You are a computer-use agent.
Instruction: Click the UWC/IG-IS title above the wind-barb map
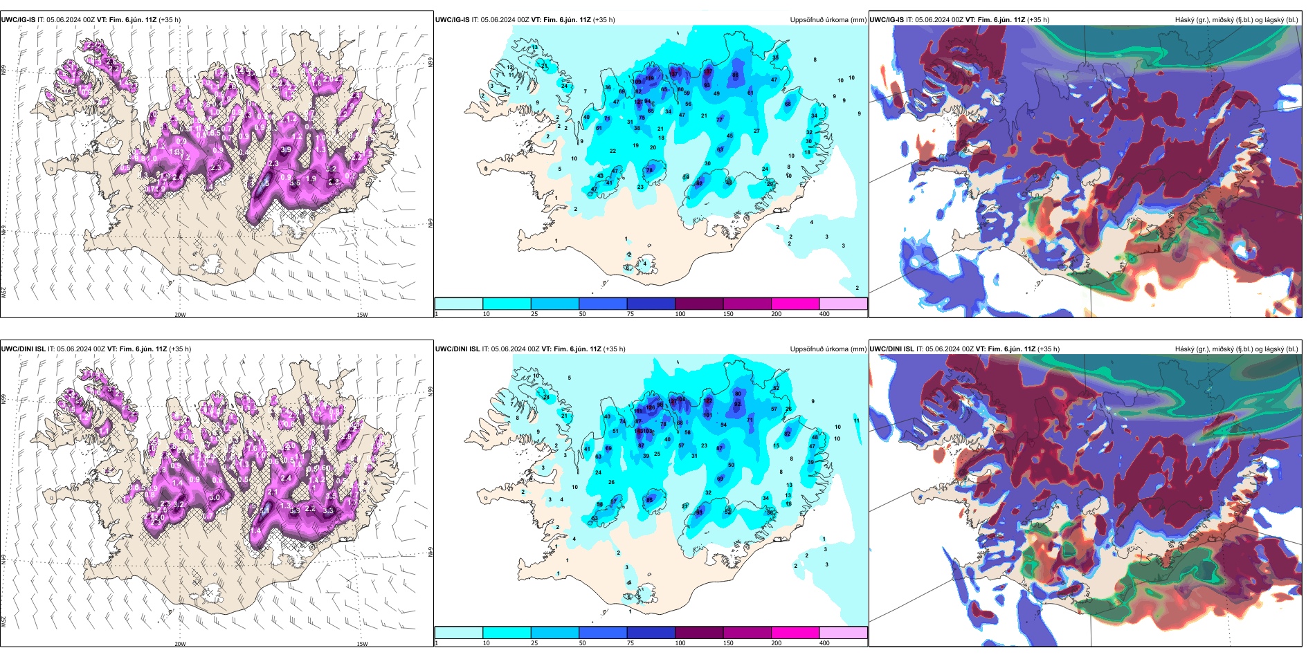click(18, 20)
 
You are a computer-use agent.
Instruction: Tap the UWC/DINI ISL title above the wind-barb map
click(23, 349)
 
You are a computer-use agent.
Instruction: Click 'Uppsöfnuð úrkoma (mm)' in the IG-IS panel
click(828, 20)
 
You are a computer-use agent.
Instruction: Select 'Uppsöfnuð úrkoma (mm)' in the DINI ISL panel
click(828, 349)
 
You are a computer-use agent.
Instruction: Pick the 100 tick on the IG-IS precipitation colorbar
click(680, 314)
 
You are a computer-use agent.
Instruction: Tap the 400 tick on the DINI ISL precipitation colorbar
click(824, 643)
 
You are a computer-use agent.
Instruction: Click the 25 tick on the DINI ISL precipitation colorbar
click(534, 643)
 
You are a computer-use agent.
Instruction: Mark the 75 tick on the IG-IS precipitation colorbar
click(631, 314)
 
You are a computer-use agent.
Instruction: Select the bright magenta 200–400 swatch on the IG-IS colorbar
click(795, 304)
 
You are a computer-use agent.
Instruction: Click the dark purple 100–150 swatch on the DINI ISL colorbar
click(699, 633)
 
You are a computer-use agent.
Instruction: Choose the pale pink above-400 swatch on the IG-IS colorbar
click(843, 304)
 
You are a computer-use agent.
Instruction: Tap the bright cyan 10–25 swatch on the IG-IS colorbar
click(507, 304)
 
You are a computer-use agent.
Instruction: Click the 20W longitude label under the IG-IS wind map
click(180, 315)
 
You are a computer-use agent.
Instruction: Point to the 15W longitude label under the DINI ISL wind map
click(362, 644)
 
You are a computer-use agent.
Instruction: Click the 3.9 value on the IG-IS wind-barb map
click(285, 149)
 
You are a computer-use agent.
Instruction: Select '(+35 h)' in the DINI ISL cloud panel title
click(1049, 349)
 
